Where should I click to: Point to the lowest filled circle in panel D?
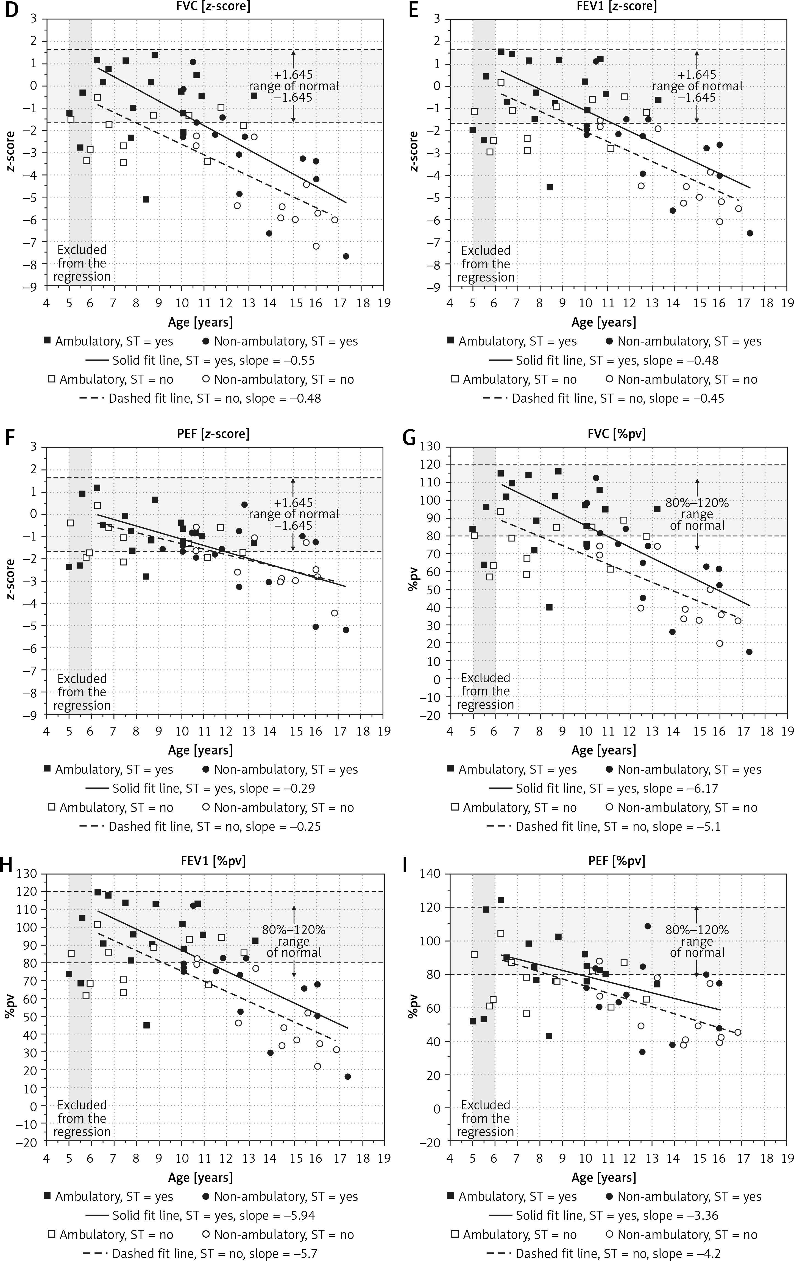346,256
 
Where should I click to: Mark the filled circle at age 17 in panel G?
749,652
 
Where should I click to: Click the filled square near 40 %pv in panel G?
549,608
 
